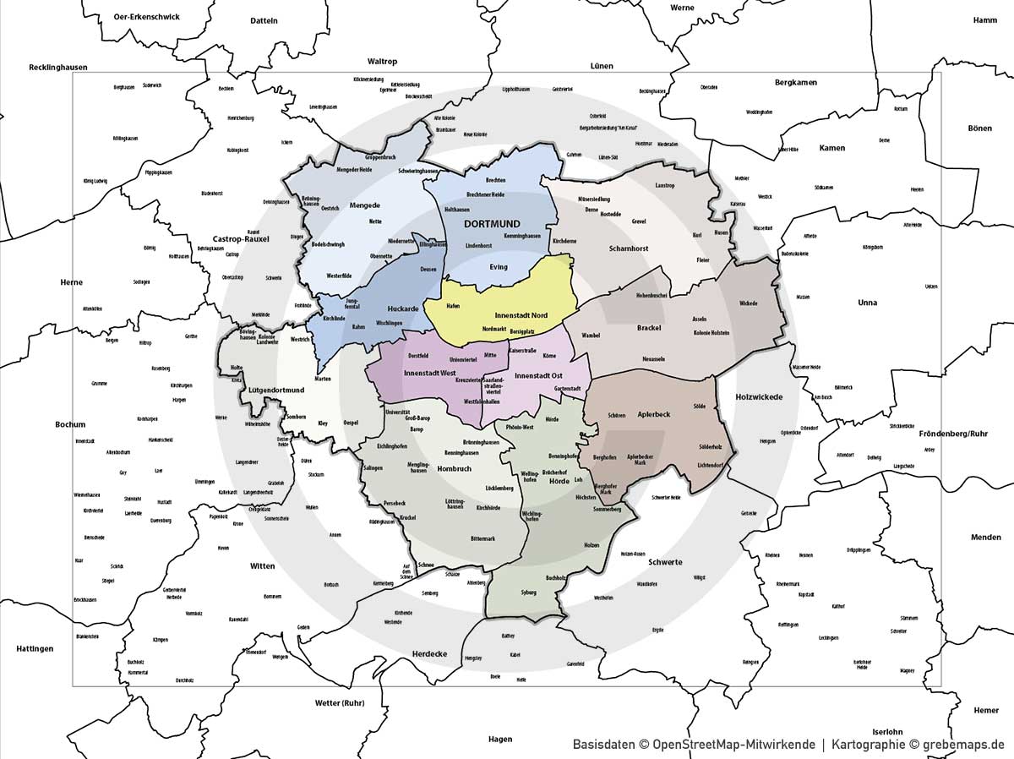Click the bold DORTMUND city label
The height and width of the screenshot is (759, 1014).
click(492, 223)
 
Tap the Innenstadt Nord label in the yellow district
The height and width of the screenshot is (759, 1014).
click(521, 315)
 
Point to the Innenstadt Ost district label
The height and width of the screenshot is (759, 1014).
click(539, 374)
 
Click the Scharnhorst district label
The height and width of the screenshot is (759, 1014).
click(629, 249)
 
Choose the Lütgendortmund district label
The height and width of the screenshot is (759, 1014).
click(254, 390)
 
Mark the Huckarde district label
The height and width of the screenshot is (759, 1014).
click(403, 309)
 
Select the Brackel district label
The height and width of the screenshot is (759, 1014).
click(649, 327)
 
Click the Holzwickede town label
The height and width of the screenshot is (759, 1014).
click(759, 396)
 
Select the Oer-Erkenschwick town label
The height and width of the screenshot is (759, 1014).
click(146, 16)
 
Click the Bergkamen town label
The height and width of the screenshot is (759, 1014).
click(796, 83)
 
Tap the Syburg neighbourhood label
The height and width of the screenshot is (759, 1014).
click(529, 592)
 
